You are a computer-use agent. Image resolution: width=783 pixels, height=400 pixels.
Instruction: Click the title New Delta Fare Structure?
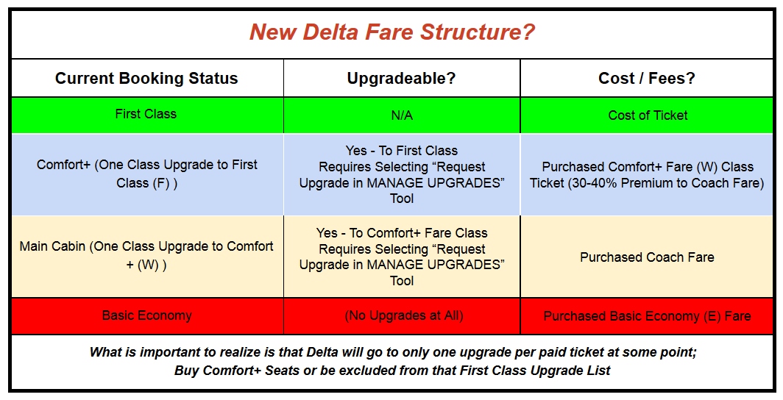[391, 33]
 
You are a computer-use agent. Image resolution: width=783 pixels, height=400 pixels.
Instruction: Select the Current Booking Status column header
[146, 79]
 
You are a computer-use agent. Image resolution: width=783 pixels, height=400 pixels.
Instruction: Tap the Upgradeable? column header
[402, 79]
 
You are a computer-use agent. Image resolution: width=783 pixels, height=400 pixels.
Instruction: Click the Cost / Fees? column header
[648, 79]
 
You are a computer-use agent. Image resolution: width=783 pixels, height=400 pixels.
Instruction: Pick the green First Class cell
[146, 115]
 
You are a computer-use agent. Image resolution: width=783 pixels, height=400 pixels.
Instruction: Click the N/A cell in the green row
[402, 115]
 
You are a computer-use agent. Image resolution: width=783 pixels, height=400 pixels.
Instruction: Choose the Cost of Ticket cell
[648, 115]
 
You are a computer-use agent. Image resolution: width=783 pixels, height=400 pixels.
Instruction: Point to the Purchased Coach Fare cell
[647, 257]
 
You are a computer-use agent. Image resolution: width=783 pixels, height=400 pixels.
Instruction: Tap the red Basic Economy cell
[146, 315]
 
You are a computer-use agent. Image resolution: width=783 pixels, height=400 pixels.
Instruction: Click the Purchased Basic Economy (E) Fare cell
[647, 316]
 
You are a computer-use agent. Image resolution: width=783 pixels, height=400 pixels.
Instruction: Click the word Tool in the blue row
[402, 199]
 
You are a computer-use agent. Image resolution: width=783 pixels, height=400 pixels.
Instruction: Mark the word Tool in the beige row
[402, 281]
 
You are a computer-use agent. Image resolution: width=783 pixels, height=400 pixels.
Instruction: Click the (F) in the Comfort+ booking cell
[160, 182]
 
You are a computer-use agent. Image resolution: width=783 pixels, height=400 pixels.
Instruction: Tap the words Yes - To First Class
[402, 151]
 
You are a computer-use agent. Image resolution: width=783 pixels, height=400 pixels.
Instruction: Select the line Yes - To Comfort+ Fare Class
[402, 233]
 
